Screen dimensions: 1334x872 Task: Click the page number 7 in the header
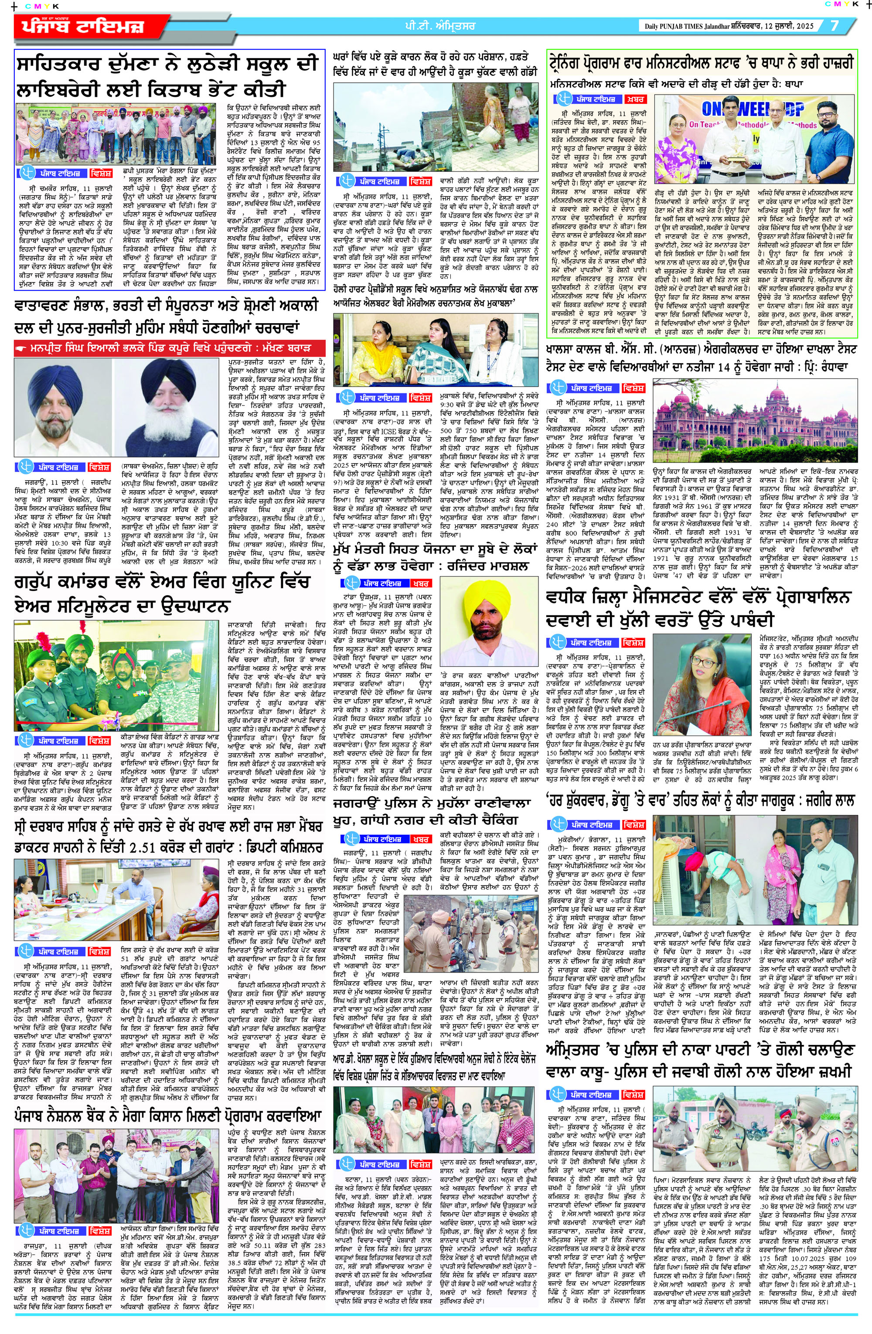835,26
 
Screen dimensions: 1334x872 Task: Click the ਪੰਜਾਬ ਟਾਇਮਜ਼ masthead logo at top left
84,27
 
